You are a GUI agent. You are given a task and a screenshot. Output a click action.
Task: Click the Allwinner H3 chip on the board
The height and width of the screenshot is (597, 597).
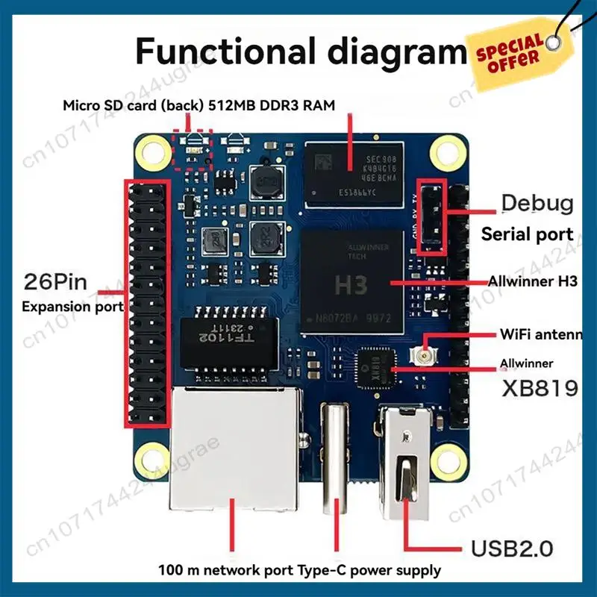[351, 282]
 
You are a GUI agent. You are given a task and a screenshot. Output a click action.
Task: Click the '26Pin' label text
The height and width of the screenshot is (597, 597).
[56, 281]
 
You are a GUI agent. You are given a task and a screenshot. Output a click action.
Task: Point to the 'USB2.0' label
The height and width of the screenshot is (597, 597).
[512, 549]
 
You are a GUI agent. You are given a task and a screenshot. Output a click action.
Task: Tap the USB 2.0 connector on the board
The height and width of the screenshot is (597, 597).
[406, 463]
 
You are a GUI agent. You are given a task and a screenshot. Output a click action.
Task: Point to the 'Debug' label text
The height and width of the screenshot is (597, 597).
[537, 202]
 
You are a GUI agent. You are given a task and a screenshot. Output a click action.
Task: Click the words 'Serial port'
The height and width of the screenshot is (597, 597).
[527, 234]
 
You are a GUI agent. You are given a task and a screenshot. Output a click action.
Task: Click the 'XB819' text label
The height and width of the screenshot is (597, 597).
[540, 388]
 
